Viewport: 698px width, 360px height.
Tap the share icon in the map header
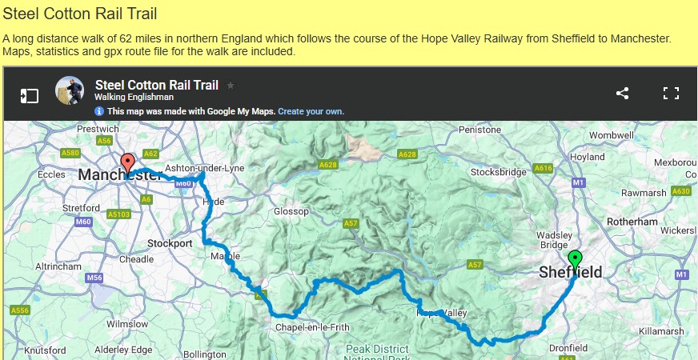623,93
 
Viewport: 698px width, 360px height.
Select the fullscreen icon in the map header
671,93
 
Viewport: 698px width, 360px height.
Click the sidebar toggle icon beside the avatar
29,96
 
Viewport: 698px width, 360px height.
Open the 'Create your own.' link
311,111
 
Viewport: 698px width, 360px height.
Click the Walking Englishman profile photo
69,90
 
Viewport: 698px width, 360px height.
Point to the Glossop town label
291,211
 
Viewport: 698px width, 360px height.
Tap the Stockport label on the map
170,243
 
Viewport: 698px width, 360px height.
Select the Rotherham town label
632,222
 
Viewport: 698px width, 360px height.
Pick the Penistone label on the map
480,130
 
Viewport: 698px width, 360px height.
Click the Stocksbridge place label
499,172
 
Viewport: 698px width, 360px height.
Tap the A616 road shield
544,169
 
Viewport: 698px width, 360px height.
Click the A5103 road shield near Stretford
118,214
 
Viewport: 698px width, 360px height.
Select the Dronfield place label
568,348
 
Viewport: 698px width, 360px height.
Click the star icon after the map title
231,85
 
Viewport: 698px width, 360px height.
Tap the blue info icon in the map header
99,111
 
